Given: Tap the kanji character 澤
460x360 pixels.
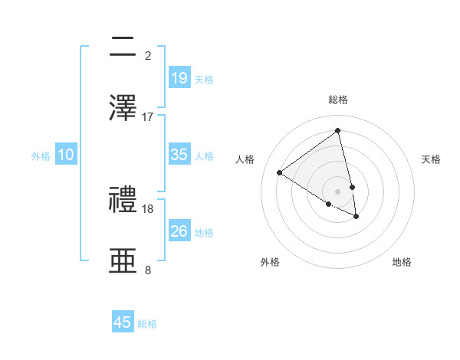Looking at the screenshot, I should click(123, 106).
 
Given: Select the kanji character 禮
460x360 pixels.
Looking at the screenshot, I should click(123, 200).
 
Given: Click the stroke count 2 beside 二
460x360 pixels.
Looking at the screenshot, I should click(148, 55).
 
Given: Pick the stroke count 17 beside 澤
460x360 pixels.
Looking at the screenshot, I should click(148, 116).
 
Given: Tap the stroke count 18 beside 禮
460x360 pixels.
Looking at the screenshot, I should click(148, 208).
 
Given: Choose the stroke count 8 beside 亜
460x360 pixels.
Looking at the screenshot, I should click(148, 270).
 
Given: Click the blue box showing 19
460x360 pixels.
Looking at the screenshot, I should click(179, 77).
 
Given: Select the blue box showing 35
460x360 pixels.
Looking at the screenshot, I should click(179, 155).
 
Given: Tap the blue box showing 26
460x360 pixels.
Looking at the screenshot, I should click(179, 231).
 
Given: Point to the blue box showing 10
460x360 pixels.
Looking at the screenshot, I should click(66, 155).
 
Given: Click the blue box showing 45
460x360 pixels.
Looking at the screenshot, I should click(123, 322).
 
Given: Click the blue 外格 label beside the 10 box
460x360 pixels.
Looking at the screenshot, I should click(41, 156).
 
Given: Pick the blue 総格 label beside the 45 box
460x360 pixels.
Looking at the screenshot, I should click(147, 324).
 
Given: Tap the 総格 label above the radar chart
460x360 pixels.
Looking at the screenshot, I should click(338, 100).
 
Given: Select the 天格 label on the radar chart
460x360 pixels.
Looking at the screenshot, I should click(431, 159).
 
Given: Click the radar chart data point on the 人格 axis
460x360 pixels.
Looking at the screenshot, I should click(279, 173).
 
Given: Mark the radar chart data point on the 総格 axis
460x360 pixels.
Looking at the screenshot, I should click(338, 131).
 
